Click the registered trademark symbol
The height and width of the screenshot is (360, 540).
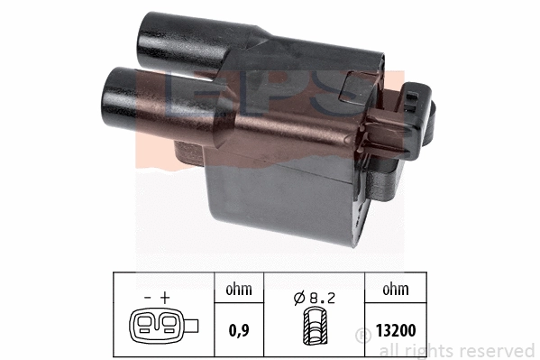[x=363, y=335]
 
